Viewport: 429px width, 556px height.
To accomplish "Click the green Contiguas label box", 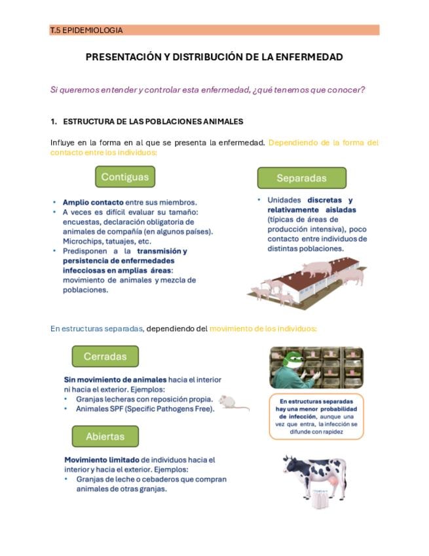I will point(125,177).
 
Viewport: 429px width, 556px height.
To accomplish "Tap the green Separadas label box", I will point(301,178).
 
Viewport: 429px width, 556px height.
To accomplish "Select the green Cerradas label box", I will point(105,357).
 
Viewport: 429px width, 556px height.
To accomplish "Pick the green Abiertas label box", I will point(105,436).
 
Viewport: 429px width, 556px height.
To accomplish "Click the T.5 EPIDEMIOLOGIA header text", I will point(86,30).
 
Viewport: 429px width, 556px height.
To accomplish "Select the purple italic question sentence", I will point(208,90).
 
